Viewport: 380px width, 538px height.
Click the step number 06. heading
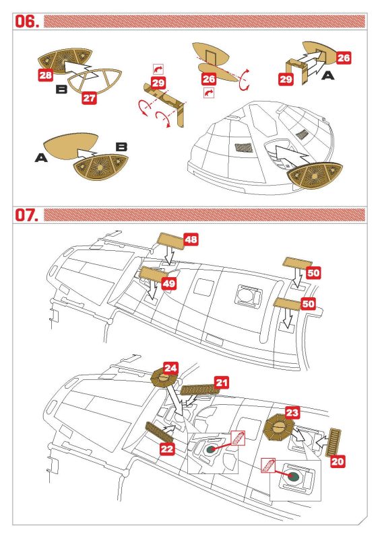pyautogui.click(x=27, y=22)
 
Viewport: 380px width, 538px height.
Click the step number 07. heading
pyautogui.click(x=27, y=215)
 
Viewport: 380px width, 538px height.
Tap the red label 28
pyautogui.click(x=46, y=75)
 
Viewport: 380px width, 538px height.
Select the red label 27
pyautogui.click(x=89, y=98)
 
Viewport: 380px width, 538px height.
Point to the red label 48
pyautogui.click(x=191, y=239)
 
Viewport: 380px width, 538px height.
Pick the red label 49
pyautogui.click(x=168, y=283)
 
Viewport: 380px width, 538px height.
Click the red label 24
pyautogui.click(x=170, y=369)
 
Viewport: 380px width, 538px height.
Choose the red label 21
pyautogui.click(x=222, y=383)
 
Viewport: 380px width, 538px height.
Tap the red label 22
pyautogui.click(x=167, y=449)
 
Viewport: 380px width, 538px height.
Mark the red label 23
pyautogui.click(x=292, y=412)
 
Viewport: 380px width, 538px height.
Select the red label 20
pyautogui.click(x=338, y=461)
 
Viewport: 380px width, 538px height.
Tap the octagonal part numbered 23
pyautogui.click(x=278, y=428)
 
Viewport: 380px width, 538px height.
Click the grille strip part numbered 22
pyautogui.click(x=159, y=432)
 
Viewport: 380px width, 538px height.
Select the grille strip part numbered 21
pyautogui.click(x=197, y=390)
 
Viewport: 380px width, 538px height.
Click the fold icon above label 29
pyautogui.click(x=158, y=69)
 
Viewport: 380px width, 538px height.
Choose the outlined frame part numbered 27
pyautogui.click(x=94, y=81)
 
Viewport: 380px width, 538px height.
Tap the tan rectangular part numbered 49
pyautogui.click(x=153, y=274)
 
